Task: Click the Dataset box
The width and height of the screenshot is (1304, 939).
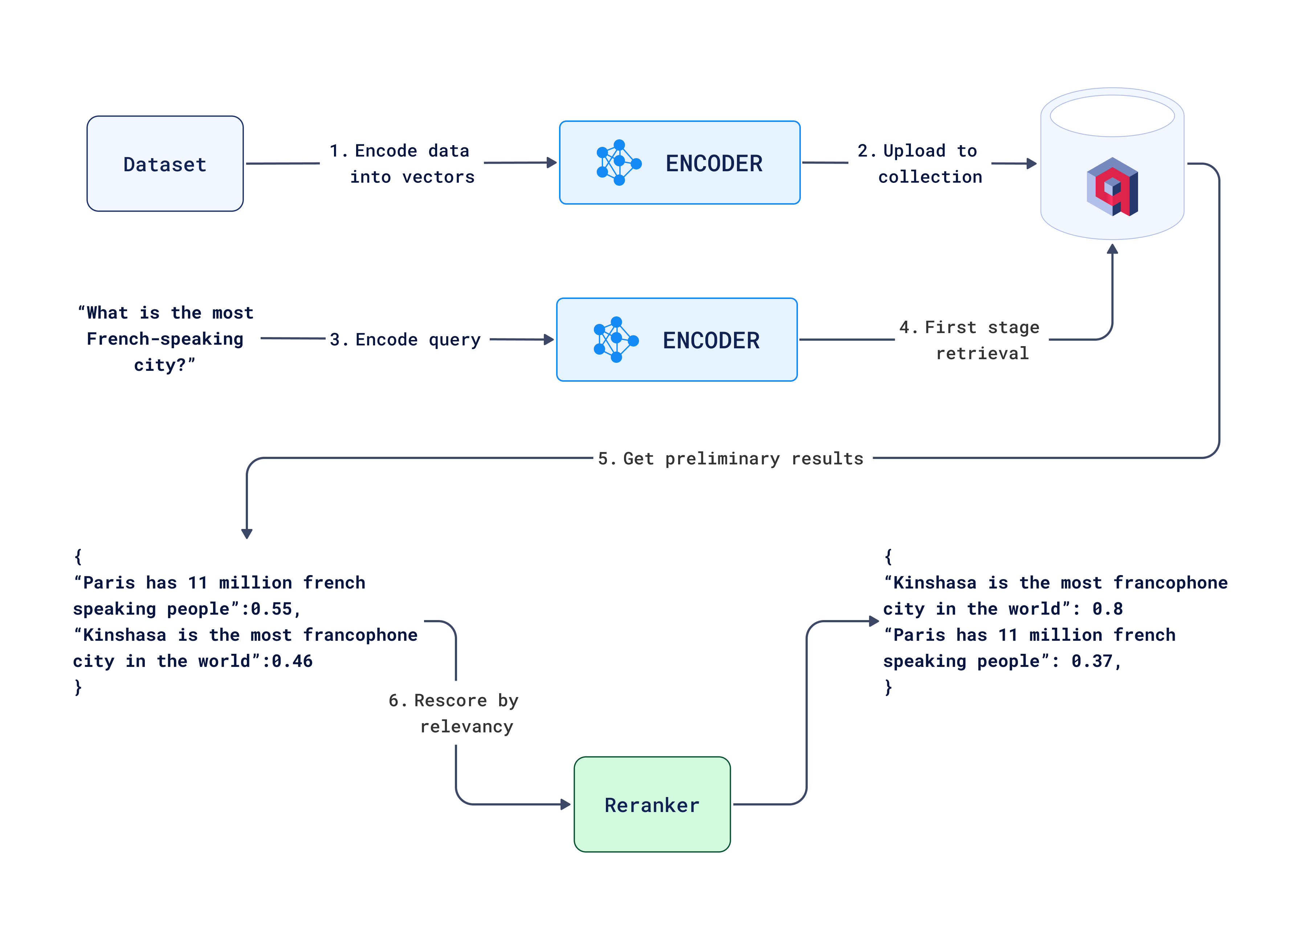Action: pos(165,164)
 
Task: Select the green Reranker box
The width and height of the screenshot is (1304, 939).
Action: pos(652,804)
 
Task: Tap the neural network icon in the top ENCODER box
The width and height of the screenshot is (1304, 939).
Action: pos(619,163)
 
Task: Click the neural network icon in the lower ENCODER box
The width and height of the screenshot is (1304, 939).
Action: pos(616,340)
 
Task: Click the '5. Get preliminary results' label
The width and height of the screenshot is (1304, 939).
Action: pos(730,459)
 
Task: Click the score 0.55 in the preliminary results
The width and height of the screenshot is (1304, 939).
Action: pos(272,608)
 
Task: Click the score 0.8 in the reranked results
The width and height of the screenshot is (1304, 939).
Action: pos(1107,608)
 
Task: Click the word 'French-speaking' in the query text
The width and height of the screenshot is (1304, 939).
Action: pos(165,339)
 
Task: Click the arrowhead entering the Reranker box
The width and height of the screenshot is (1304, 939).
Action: pos(565,804)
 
